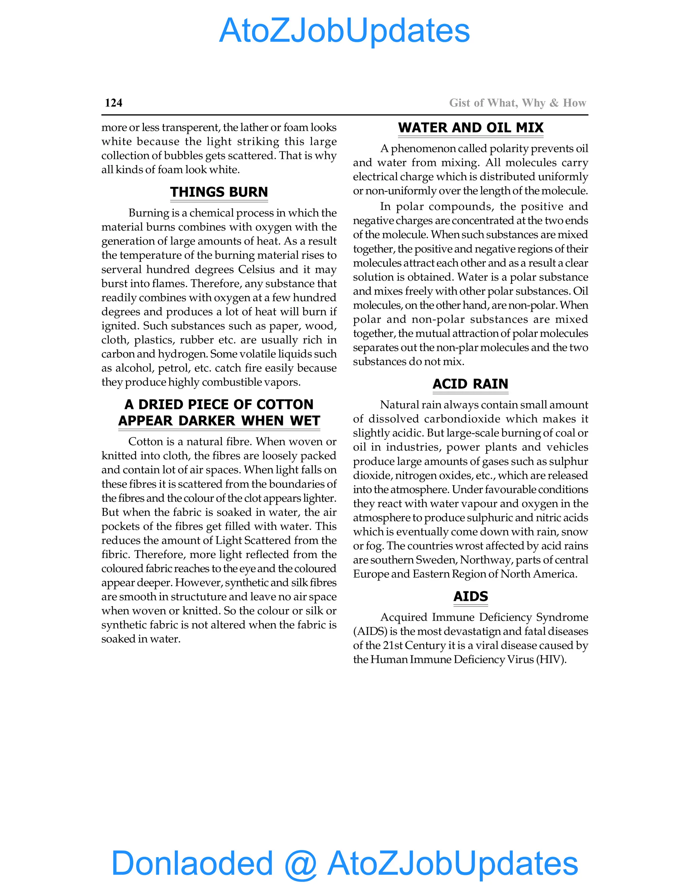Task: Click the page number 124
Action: pos(114,103)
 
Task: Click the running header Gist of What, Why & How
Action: pos(517,103)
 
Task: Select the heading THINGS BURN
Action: pos(219,192)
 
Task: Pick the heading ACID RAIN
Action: pos(470,383)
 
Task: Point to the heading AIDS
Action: pos(470,596)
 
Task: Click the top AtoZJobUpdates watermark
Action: pos(345,31)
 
